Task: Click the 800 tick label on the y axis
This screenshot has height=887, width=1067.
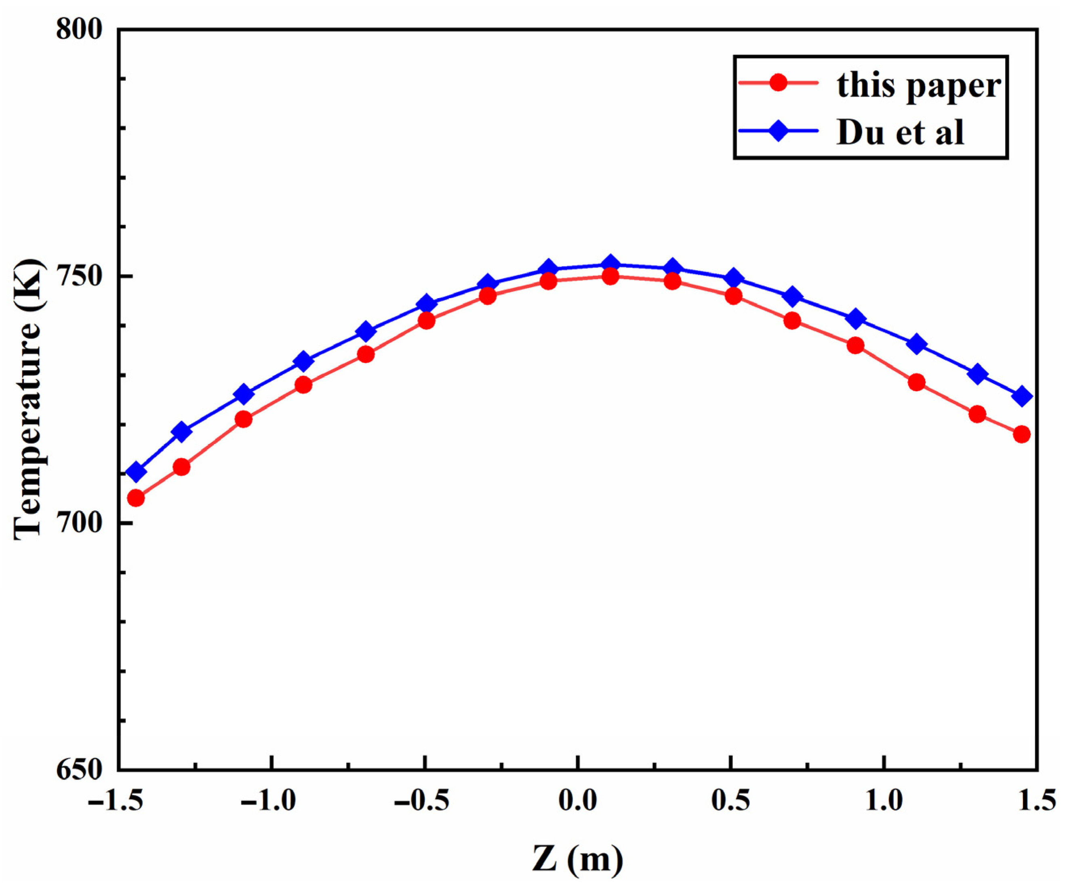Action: [x=79, y=29]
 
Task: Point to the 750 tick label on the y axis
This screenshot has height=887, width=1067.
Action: [x=79, y=276]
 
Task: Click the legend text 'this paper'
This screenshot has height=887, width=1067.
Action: [x=919, y=85]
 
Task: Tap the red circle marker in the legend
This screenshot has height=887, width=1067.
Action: [x=778, y=82]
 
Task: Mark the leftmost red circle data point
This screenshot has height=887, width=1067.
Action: [x=136, y=498]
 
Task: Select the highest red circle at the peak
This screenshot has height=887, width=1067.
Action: [x=610, y=276]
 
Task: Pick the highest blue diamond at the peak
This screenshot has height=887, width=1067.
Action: [x=610, y=265]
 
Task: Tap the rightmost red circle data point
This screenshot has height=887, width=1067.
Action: [x=1022, y=434]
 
